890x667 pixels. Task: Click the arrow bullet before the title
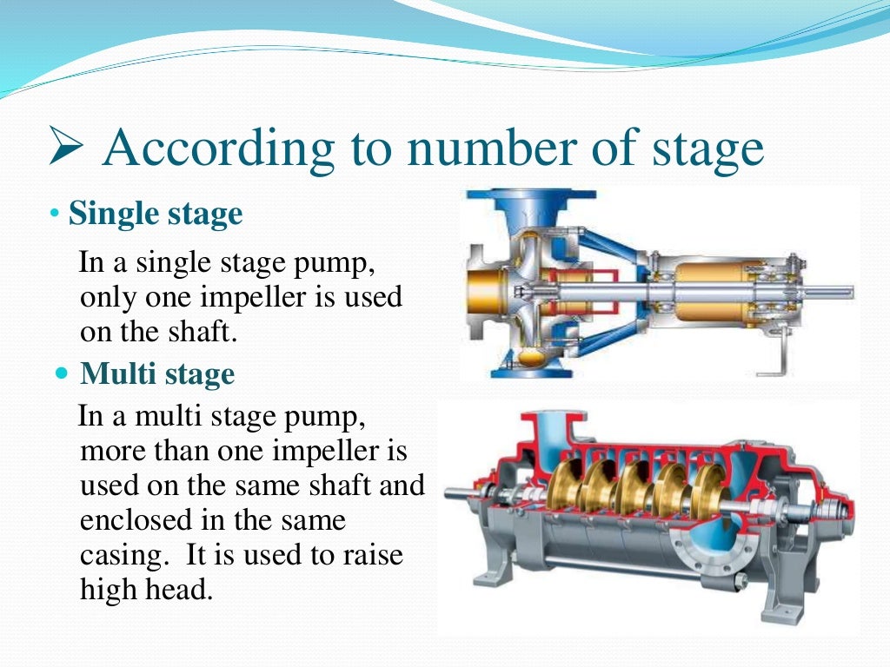[66, 149]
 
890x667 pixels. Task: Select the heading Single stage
[156, 214]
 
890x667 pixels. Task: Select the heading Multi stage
[157, 374]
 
